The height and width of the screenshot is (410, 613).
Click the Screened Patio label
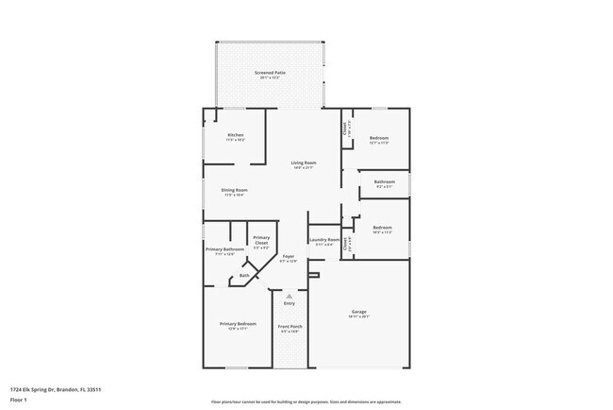tap(272, 73)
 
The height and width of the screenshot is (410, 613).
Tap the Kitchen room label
tap(236, 136)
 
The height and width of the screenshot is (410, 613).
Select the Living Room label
tap(303, 163)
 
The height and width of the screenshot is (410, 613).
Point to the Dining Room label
tap(235, 191)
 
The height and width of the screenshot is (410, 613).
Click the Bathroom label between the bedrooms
tap(384, 181)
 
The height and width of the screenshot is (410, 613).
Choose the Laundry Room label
tap(326, 240)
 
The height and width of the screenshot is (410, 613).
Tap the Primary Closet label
tap(261, 240)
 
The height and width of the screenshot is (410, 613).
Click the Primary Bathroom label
tap(224, 250)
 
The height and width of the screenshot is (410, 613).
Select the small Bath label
tap(244, 276)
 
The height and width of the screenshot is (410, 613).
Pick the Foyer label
tap(289, 256)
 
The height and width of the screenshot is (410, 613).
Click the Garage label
tap(359, 312)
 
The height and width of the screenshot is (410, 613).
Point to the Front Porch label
tap(289, 327)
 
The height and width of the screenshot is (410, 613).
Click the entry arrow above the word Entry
tap(290, 295)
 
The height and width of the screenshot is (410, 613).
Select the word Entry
tap(290, 302)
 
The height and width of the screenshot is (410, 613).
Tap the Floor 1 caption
tap(19, 400)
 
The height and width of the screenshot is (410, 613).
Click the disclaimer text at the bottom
tap(306, 401)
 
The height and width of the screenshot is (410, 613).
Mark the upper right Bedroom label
tap(379, 139)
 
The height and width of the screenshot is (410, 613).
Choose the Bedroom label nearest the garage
tap(382, 228)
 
